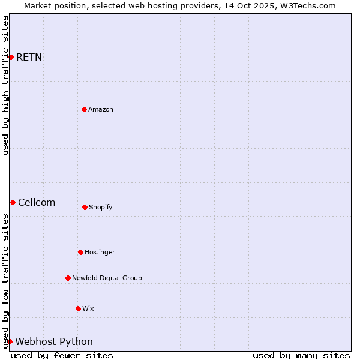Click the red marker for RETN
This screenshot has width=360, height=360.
click(11, 57)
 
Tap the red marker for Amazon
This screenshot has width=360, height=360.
click(84, 109)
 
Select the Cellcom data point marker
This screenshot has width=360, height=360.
click(13, 202)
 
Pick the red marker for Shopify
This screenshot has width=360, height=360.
click(85, 207)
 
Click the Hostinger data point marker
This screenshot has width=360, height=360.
click(80, 252)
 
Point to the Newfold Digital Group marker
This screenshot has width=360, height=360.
click(68, 278)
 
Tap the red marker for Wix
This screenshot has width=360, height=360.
click(78, 308)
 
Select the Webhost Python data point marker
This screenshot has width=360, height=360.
click(10, 341)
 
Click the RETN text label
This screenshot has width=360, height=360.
click(29, 58)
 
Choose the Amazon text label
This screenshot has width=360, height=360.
click(101, 109)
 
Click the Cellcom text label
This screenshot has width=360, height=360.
click(37, 202)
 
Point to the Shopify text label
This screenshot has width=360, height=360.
click(101, 207)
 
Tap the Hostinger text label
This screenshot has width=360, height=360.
click(100, 252)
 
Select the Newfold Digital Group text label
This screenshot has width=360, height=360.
click(107, 278)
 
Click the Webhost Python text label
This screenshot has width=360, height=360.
click(54, 342)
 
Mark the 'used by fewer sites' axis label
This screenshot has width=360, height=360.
click(62, 355)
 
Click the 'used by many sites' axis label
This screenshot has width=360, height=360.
click(301, 355)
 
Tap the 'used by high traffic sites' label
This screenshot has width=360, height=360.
click(6, 85)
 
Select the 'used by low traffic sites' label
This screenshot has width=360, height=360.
click(6, 280)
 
